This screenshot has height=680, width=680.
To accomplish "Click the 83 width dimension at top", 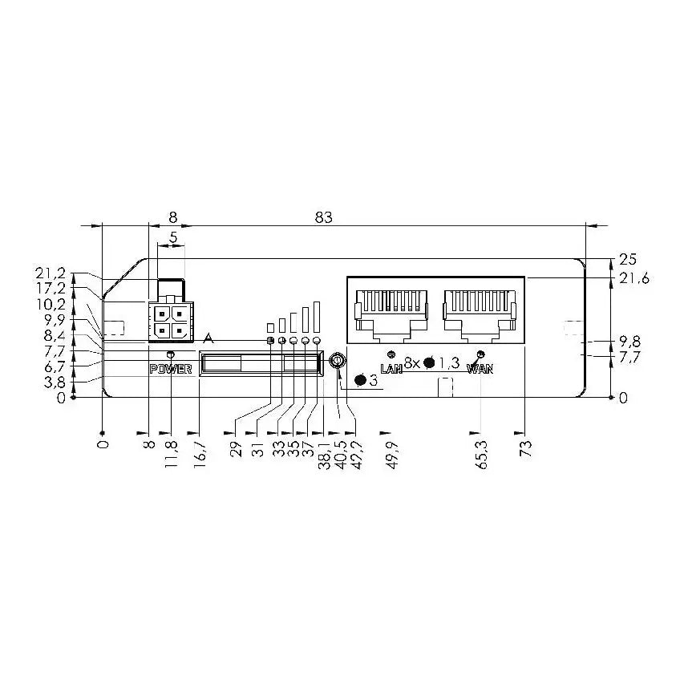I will click(x=323, y=217).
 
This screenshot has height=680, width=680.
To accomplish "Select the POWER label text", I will click(x=171, y=369).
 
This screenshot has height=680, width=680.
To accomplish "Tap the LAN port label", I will click(x=391, y=369).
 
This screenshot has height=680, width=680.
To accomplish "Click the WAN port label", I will click(x=480, y=369).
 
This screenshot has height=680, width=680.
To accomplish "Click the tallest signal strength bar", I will click(x=317, y=316).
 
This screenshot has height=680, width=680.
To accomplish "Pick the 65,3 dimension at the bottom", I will click(x=483, y=453).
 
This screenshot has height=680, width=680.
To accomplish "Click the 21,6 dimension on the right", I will click(x=633, y=278).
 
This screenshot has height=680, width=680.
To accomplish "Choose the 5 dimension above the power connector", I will click(x=173, y=238).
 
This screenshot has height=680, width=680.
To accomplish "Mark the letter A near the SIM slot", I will click(x=208, y=338).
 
